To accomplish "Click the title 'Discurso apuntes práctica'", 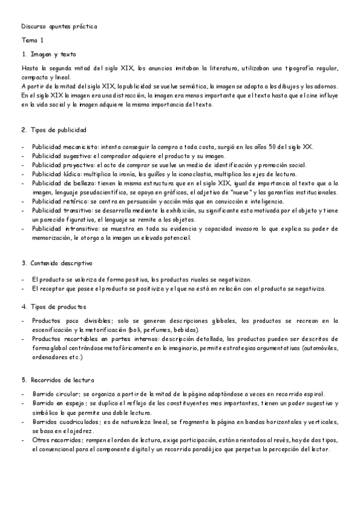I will [x=58, y=27].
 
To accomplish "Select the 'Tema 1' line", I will [x=32, y=41].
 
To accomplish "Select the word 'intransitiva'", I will [x=82, y=229].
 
